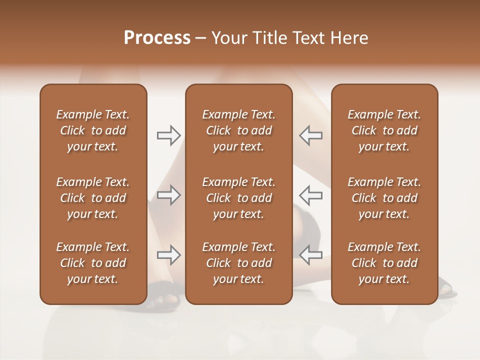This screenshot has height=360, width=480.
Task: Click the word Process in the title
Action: coord(157,38)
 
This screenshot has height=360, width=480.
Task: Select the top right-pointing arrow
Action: coord(168,135)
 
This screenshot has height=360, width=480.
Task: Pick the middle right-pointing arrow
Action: coord(168,195)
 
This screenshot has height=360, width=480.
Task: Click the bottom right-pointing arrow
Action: coord(168,254)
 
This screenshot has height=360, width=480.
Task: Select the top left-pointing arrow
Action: coord(311,135)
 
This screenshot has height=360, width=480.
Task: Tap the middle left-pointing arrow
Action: coord(311,195)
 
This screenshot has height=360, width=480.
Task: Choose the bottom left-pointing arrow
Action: coord(311,254)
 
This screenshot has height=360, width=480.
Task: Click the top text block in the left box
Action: coord(93,130)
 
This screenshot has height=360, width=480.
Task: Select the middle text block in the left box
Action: coord(93,198)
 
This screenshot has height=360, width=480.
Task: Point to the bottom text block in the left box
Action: coord(93,263)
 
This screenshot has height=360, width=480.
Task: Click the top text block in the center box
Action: coord(238,130)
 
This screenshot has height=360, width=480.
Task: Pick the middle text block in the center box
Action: coord(238,198)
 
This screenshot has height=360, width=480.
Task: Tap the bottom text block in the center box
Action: coord(238,263)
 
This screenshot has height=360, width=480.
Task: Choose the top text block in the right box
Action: coord(384,130)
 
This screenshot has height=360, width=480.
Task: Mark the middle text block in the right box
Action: coord(384,198)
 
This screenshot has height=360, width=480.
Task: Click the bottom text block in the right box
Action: coord(384,263)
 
